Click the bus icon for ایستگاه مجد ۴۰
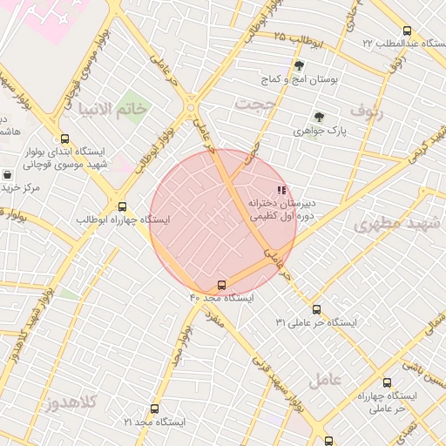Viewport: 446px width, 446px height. pyautogui.click(x=221, y=285)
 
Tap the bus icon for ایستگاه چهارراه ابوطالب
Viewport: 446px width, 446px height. pyautogui.click(x=122, y=206)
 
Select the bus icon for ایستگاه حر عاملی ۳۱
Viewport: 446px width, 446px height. pyautogui.click(x=316, y=309)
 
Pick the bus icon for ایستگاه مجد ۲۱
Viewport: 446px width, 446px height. pyautogui.click(x=154, y=409)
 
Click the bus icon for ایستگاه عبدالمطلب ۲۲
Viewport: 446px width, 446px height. pyautogui.click(x=383, y=30)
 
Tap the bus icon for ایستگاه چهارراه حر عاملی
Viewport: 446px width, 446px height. pyautogui.click(x=387, y=382)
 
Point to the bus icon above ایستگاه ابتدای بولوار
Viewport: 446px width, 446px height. pyautogui.click(x=64, y=139)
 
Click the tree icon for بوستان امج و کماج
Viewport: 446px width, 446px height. pyautogui.click(x=299, y=66)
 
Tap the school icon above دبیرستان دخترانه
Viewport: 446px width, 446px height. pyautogui.click(x=280, y=189)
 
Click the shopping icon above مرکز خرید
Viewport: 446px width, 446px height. pyautogui.click(x=8, y=174)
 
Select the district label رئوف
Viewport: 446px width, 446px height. pyautogui.click(x=367, y=110)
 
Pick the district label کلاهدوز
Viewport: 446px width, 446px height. pyautogui.click(x=71, y=402)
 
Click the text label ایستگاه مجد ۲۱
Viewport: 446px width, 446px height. pyautogui.click(x=154, y=422)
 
